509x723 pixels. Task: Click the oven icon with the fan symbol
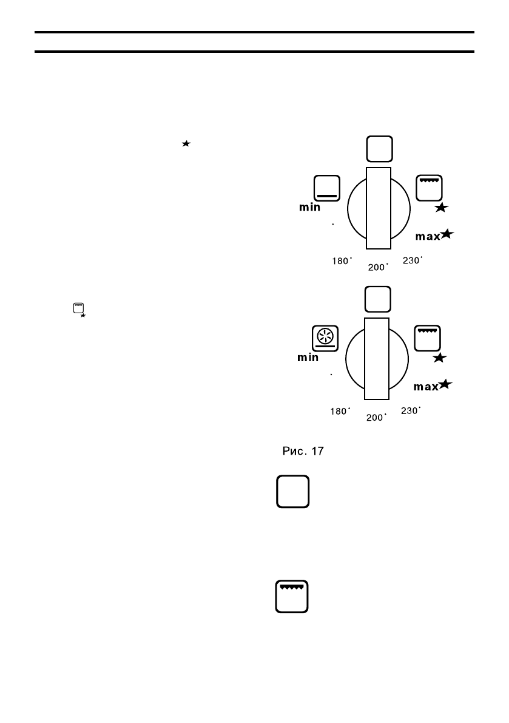(325, 338)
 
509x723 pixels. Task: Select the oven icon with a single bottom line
(326, 188)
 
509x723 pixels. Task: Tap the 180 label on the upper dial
(341, 261)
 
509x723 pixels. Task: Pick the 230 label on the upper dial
(413, 260)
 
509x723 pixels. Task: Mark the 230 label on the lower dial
(411, 411)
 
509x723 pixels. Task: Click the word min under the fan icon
(308, 358)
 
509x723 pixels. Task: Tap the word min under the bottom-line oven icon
(309, 208)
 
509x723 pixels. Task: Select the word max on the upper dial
(427, 236)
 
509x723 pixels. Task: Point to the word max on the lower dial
(425, 386)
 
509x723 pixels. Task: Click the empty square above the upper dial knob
(379, 148)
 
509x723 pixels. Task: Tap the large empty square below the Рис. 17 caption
(293, 491)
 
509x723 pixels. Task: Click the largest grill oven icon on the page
(293, 597)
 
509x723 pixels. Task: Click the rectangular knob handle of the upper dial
(379, 208)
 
